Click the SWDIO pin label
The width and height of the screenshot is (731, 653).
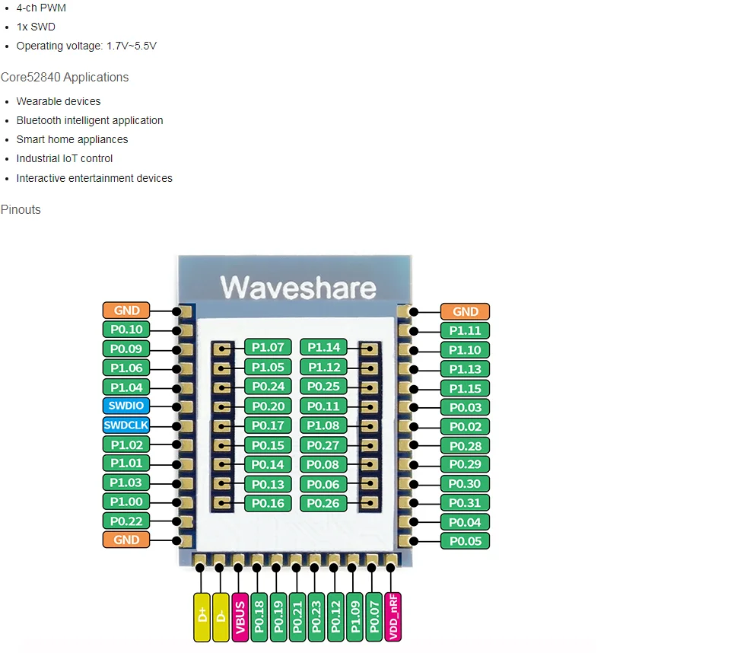pos(126,406)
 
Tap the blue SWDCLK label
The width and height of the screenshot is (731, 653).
pos(126,425)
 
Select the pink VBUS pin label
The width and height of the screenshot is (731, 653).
pos(240,616)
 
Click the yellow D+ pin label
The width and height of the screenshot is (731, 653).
pos(202,616)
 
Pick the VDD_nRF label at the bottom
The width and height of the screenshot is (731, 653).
pos(393,616)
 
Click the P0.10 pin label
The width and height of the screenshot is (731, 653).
pos(126,330)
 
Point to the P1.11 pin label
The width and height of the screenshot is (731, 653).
pos(465,330)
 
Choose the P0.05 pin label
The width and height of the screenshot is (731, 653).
pos(465,541)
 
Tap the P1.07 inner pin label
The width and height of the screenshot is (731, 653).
pos(268,348)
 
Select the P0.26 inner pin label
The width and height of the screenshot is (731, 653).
pos(324,503)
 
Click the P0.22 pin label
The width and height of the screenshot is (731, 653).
pos(126,521)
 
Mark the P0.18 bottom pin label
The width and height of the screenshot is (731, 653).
pos(259,616)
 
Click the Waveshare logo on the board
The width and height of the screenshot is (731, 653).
pos(298,288)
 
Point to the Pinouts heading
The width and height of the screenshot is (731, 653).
pos(21,209)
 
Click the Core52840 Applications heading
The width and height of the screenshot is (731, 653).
pos(65,77)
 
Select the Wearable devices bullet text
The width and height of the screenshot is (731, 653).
pos(59,101)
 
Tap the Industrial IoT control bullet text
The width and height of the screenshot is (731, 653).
pos(65,158)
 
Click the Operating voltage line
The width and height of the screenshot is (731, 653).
pos(86,46)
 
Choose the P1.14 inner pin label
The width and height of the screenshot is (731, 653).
pos(324,348)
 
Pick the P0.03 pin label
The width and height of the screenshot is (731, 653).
pos(465,407)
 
